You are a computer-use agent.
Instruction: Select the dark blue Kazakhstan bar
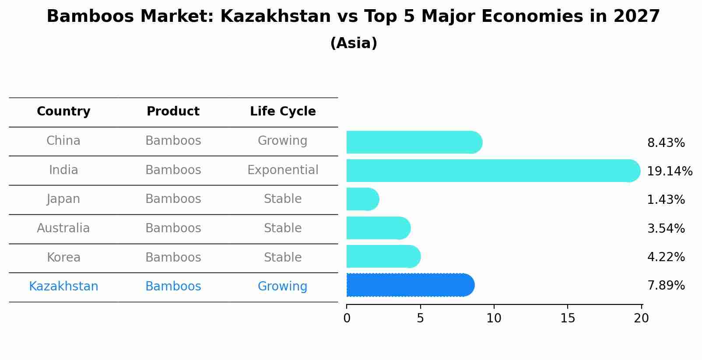coord(410,285)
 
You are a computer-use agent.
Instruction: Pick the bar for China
coord(414,142)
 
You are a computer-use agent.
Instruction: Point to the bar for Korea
coord(383,256)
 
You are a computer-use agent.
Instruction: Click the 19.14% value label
coord(670,171)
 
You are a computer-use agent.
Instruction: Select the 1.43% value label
coord(666,200)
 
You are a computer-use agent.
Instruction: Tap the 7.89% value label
coord(666,286)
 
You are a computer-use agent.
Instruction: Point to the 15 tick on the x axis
coord(568,318)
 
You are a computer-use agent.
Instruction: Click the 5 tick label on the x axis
coord(420,318)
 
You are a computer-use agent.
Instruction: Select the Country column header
coord(63,112)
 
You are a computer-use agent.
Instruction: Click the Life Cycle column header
coord(283,112)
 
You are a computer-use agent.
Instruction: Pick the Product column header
coord(173,112)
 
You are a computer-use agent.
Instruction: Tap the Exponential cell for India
coord(283,170)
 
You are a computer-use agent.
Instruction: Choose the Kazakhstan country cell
coord(63,287)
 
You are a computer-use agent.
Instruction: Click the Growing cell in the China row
coord(282,141)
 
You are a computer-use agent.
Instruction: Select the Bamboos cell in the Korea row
coord(173,257)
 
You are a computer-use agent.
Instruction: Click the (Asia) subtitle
coord(354,43)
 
